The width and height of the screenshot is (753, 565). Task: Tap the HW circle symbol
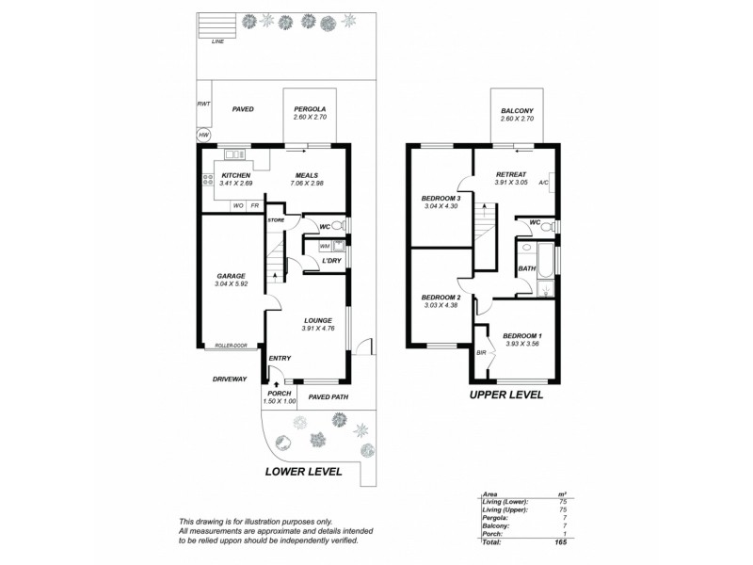click(202, 136)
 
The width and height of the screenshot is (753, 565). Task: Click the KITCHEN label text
click(236, 175)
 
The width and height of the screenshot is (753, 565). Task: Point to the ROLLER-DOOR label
click(230, 346)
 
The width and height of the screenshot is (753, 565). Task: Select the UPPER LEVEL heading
click(506, 395)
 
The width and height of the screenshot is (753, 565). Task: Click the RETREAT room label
click(510, 174)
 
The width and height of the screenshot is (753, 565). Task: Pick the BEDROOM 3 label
click(441, 198)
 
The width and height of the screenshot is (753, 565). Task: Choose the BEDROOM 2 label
click(441, 297)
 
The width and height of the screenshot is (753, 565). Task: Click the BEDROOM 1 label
click(522, 336)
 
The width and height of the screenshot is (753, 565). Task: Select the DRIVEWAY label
click(229, 379)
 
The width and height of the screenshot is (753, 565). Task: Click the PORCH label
click(280, 393)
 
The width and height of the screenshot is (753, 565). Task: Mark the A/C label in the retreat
click(543, 184)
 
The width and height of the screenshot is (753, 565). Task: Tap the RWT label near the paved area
click(202, 104)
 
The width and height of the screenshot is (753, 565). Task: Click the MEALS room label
click(307, 175)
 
